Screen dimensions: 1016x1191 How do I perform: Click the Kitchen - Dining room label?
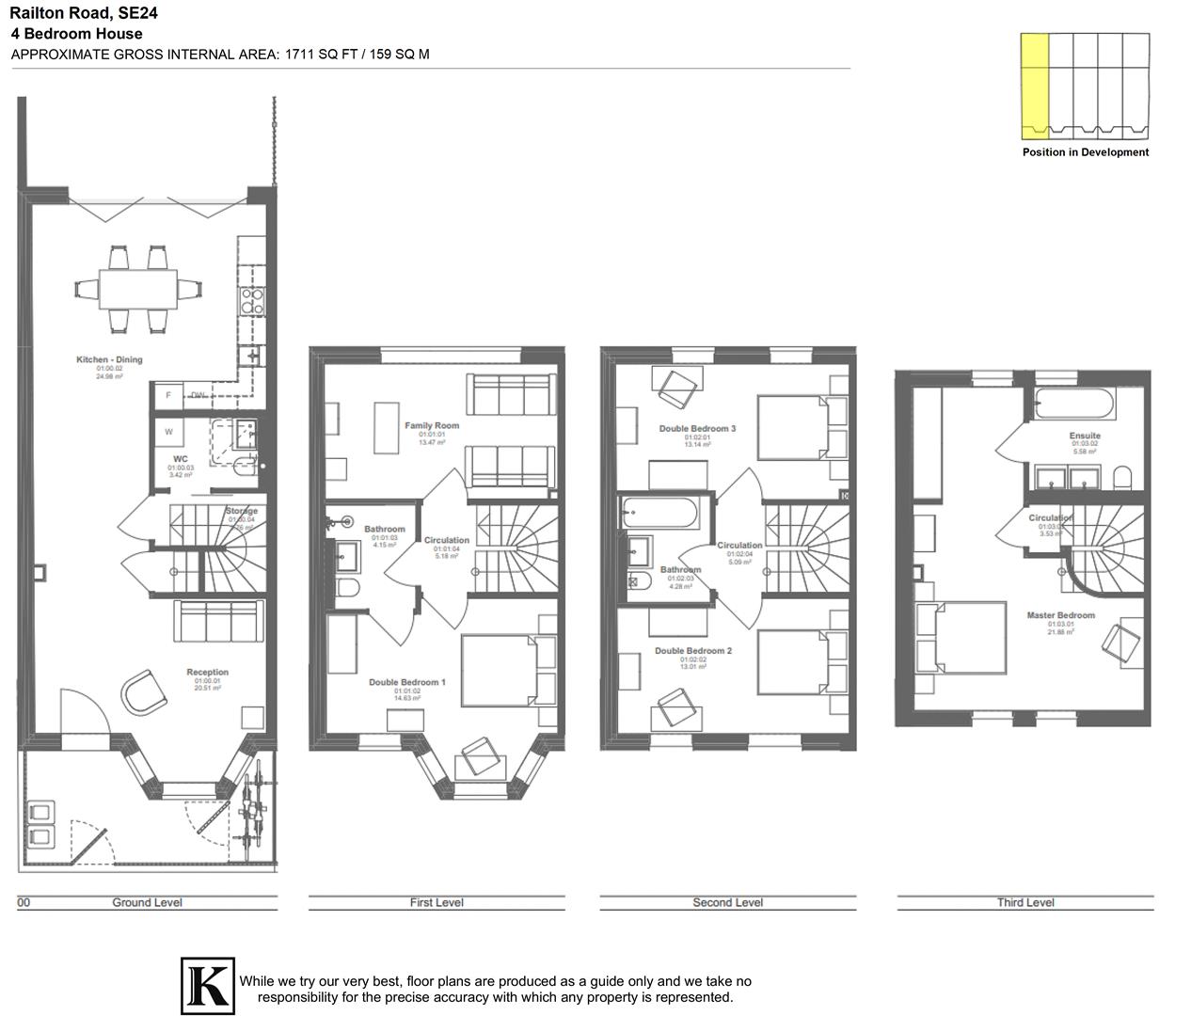click(109, 360)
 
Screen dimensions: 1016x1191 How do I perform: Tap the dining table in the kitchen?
click(138, 289)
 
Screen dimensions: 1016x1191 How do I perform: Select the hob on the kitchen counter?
click(252, 300)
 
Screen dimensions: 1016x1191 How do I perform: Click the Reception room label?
click(207, 673)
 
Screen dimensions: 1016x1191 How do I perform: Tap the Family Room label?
click(432, 426)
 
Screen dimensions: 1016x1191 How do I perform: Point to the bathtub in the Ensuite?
click(1074, 406)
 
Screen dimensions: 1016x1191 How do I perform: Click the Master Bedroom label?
click(1060, 616)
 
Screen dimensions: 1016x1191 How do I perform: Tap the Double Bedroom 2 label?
click(692, 651)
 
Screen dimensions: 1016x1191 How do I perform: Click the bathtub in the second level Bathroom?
click(659, 515)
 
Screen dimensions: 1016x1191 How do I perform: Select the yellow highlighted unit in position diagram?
click(1034, 85)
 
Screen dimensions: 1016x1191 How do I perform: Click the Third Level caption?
click(1025, 903)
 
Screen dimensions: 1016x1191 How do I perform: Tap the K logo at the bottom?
click(207, 986)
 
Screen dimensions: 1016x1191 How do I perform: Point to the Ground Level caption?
click(147, 903)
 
